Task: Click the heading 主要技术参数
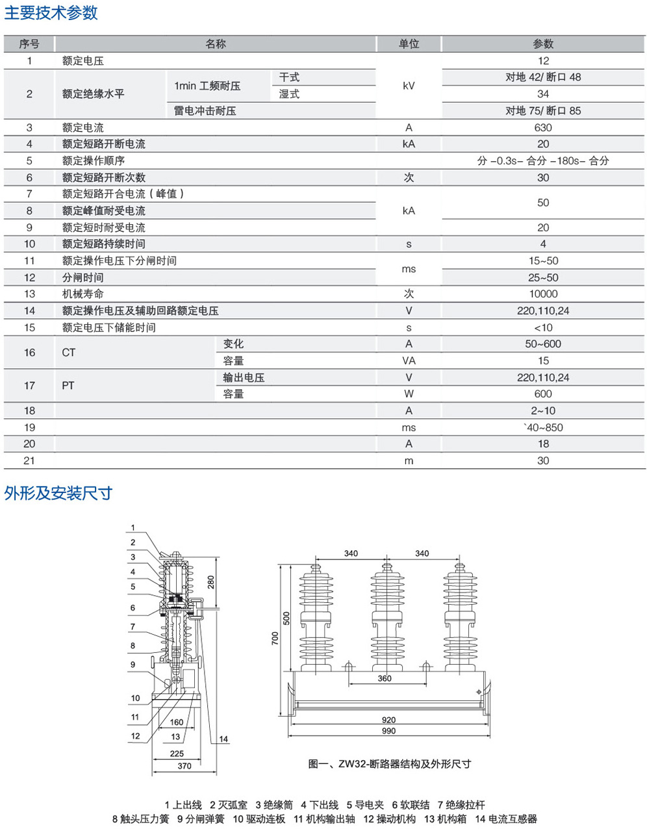pos(51,12)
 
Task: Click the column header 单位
pos(409,44)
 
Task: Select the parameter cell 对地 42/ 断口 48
pos(543,77)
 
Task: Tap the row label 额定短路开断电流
pos(104,144)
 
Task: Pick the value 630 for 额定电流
pos(543,127)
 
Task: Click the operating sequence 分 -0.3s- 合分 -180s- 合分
pos(543,160)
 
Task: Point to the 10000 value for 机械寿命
pos(543,294)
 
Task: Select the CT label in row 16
pos(69,352)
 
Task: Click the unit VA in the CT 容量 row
pos(409,361)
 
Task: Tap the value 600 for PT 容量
pos(543,394)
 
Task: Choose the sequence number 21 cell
pos(29,460)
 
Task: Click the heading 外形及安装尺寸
pos(58,493)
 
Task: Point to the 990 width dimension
pos(388,731)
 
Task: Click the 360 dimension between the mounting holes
pos(385,678)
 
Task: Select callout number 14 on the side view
pos(223,739)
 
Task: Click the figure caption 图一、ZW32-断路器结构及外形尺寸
pos(389,764)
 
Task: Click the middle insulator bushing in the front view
pos(387,617)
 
